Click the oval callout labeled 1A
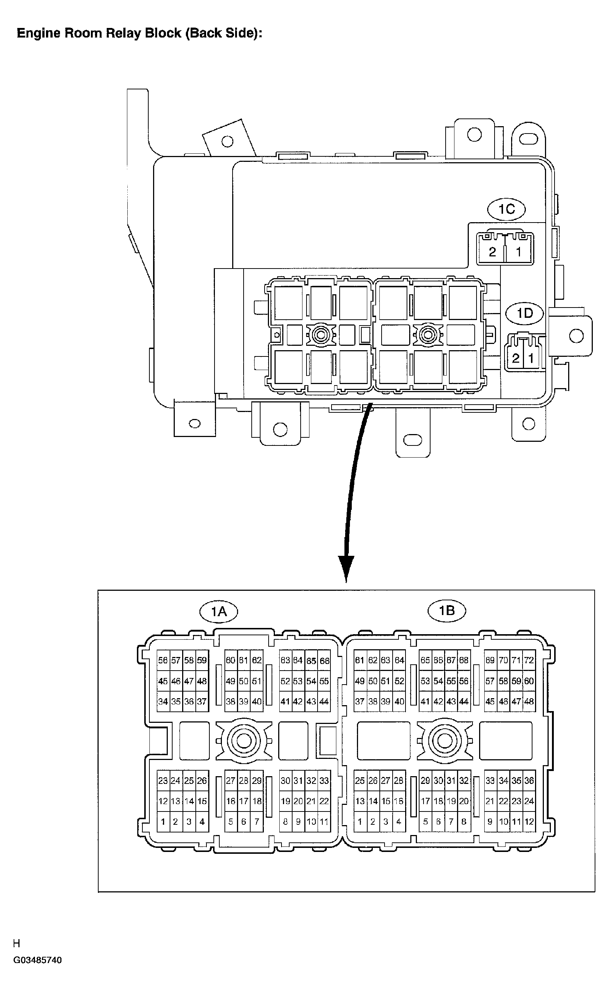coord(219,612)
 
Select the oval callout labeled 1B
coord(446,611)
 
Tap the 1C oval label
coord(507,209)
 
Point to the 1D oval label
coord(524,313)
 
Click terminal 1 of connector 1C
coord(518,252)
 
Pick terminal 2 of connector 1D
coord(516,358)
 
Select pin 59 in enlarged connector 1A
coord(202,661)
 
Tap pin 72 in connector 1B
coord(529,661)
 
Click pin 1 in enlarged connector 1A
coord(163,822)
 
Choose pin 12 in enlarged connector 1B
coord(529,822)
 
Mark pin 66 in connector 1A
coord(324,661)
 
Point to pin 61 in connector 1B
coord(360,661)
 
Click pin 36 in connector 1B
coord(529,781)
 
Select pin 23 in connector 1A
coord(163,781)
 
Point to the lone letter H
coord(17,944)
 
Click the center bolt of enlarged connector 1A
coord(244,740)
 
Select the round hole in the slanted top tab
coord(227,141)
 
